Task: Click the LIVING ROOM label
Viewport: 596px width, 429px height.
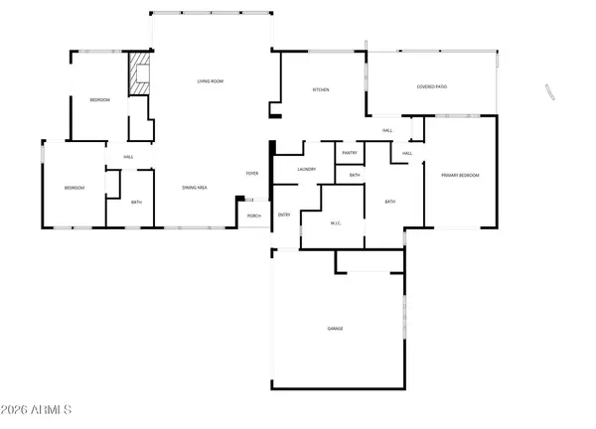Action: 209,80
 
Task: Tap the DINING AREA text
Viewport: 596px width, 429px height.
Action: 195,187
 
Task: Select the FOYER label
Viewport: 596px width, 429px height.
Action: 253,174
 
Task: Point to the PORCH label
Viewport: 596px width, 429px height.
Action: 254,215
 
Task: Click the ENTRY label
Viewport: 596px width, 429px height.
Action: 284,214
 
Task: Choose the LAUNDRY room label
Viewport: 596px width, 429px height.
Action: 306,169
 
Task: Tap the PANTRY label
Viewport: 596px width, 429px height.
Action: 350,153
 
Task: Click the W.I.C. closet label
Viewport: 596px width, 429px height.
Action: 336,222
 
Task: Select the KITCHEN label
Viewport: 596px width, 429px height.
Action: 321,89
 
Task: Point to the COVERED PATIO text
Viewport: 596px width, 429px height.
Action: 431,87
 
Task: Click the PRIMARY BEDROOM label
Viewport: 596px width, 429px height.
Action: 460,175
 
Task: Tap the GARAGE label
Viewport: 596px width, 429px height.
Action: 336,328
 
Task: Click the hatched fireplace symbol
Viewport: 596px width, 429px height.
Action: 138,74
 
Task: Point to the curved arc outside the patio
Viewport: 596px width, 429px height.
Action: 548,91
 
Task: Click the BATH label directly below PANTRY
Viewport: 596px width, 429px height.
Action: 355,176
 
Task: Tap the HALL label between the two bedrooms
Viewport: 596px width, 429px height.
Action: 129,157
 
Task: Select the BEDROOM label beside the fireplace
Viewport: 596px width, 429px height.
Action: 99,100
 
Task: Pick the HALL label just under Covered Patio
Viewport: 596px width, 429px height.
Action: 387,130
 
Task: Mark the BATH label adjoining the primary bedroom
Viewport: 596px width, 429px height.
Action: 389,203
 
